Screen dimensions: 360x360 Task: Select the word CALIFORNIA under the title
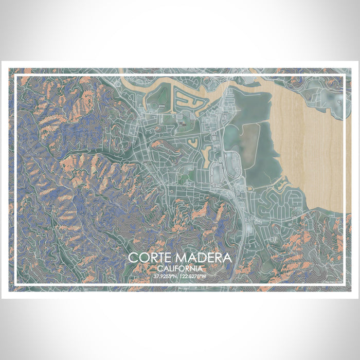[179, 268]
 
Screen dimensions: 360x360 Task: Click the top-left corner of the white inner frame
[16, 76]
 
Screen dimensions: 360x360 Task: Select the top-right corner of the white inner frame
[344, 76]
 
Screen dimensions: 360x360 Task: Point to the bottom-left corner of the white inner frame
[16, 284]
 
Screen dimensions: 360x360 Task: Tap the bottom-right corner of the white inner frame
[344, 284]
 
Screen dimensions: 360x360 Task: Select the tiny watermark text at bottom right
[333, 280]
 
